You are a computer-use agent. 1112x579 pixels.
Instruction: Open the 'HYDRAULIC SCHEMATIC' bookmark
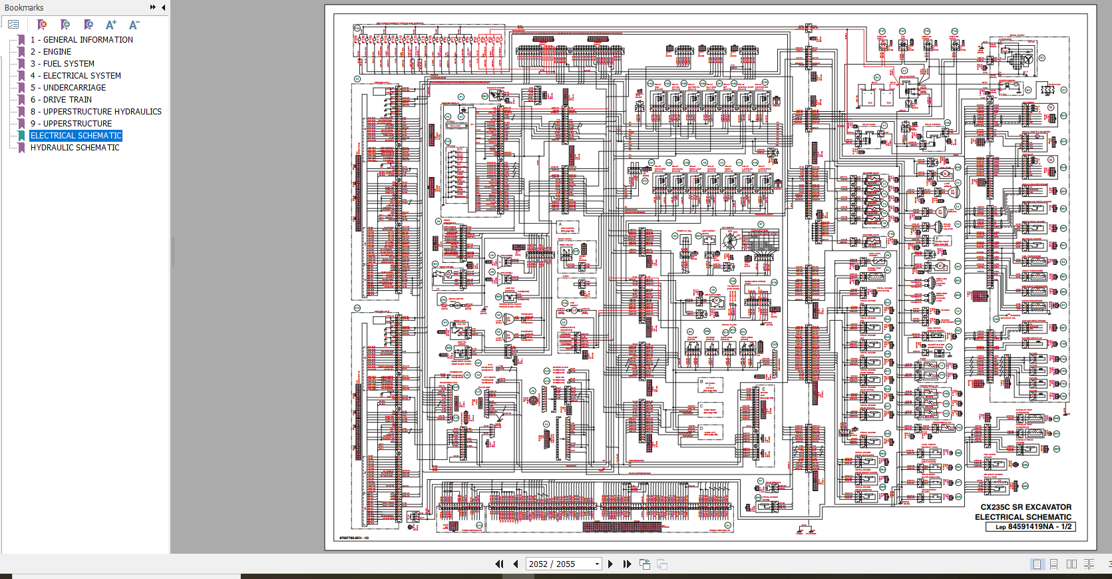tap(75, 148)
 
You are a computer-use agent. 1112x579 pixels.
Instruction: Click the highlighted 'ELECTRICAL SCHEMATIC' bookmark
tap(76, 136)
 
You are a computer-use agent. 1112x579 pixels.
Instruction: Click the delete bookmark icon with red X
tap(42, 25)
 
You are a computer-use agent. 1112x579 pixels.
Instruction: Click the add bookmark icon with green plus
tap(65, 25)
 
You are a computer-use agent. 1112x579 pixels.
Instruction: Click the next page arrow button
tap(610, 564)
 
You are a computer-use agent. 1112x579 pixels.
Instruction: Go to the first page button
tap(499, 564)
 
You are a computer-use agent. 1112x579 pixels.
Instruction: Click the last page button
tap(627, 564)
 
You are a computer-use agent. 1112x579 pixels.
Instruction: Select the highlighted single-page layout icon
tap(1037, 564)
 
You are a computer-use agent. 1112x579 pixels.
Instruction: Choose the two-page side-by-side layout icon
tap(1071, 564)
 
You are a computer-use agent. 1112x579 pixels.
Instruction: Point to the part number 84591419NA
tap(1030, 526)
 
